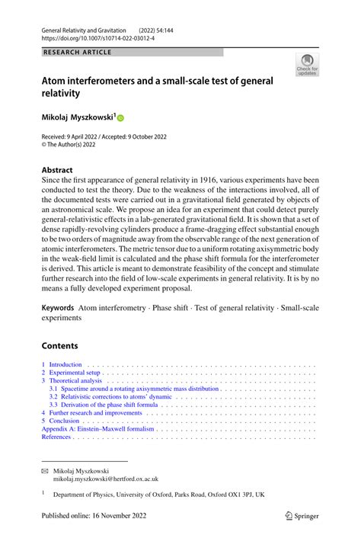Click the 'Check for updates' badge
(x=307, y=65)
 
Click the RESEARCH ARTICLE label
(x=77, y=52)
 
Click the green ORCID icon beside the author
(x=120, y=118)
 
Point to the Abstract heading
(x=57, y=170)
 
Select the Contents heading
(x=60, y=345)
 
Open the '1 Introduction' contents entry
(x=62, y=365)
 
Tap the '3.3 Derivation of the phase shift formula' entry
(x=104, y=405)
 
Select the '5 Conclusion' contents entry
(x=65, y=420)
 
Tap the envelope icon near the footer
(x=44, y=471)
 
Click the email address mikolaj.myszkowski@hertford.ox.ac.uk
(x=105, y=479)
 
